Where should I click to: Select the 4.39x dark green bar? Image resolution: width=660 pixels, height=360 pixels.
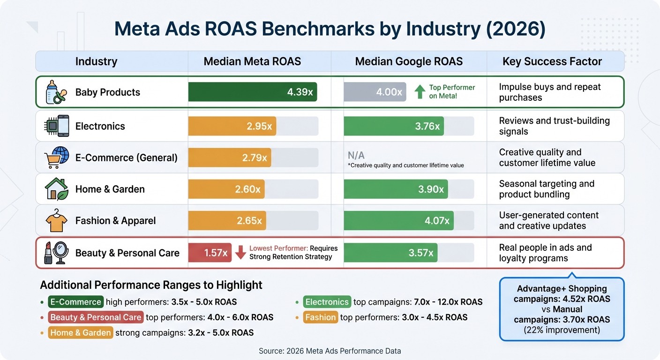pos(252,92)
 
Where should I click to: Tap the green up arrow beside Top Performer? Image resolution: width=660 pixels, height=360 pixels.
pos(420,91)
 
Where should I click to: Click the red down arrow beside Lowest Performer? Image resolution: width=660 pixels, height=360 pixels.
pos(240,252)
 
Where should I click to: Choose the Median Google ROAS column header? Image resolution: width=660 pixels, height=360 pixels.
pos(409,61)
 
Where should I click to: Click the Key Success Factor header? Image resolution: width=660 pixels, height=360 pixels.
pos(552,61)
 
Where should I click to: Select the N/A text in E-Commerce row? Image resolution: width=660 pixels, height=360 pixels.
pos(356,155)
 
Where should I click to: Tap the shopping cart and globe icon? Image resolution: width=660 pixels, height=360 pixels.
pos(56,157)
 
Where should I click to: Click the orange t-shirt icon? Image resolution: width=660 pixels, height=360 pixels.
pos(56,221)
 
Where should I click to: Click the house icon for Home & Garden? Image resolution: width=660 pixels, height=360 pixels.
pos(56,189)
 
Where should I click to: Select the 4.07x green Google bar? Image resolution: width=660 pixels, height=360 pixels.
pos(398,220)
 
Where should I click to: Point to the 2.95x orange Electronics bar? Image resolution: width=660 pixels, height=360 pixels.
pos(232,126)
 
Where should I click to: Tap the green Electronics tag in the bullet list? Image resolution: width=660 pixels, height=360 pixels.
pos(327,302)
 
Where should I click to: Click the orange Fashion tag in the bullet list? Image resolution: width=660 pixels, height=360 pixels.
pos(321,317)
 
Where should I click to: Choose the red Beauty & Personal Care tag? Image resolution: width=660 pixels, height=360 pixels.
pos(96,317)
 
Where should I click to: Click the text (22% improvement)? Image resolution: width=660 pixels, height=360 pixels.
pos(562,330)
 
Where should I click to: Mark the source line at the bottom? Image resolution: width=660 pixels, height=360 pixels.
pos(330,351)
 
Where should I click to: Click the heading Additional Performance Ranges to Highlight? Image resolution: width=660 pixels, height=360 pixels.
pos(151,285)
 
